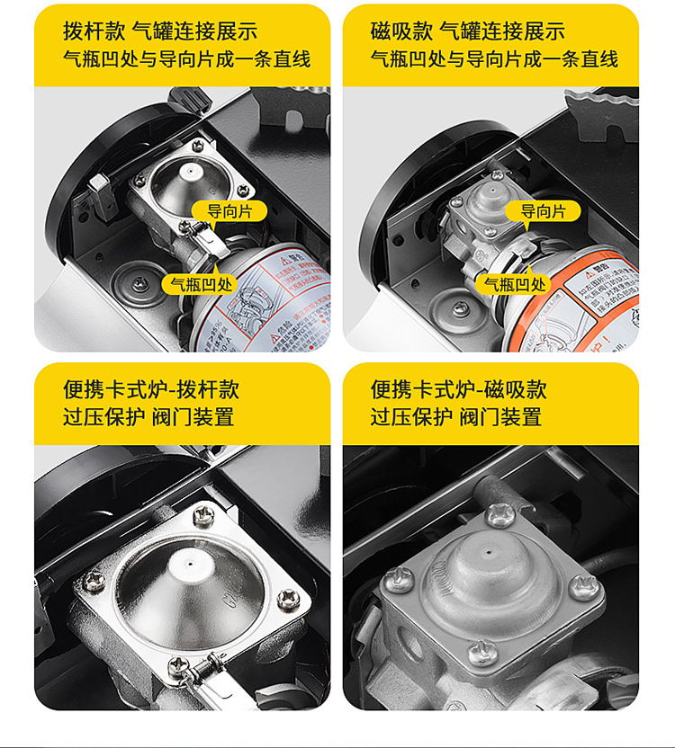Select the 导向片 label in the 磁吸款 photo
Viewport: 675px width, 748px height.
(544, 212)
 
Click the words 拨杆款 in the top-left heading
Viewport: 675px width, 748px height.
(94, 31)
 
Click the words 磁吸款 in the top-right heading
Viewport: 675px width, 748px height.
(401, 31)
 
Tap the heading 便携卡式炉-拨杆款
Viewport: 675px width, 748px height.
(151, 389)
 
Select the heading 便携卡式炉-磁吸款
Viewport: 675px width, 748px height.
(459, 389)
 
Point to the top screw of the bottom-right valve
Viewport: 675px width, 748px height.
(500, 513)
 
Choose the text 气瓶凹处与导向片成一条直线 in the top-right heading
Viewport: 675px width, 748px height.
(494, 59)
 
